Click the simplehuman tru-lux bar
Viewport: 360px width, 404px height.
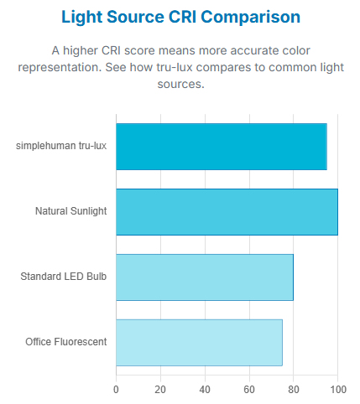[221, 147]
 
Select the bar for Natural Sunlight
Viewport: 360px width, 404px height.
[227, 211]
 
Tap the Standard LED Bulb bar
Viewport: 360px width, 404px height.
[204, 277]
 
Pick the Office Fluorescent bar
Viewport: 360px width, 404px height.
[199, 342]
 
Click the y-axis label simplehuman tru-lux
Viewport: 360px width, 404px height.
[61, 146]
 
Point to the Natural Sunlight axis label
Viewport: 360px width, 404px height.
[70, 211]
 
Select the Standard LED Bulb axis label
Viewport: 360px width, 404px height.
[64, 277]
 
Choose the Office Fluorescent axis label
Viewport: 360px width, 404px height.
[66, 342]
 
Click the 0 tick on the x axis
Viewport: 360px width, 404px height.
[116, 389]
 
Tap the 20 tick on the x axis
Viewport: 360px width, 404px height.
[160, 389]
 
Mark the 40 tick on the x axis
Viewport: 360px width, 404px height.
[205, 389]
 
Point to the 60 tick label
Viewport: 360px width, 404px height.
[249, 389]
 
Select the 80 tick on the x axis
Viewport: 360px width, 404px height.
[294, 389]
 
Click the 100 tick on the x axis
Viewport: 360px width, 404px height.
[337, 389]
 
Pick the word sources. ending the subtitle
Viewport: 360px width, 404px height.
[180, 85]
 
